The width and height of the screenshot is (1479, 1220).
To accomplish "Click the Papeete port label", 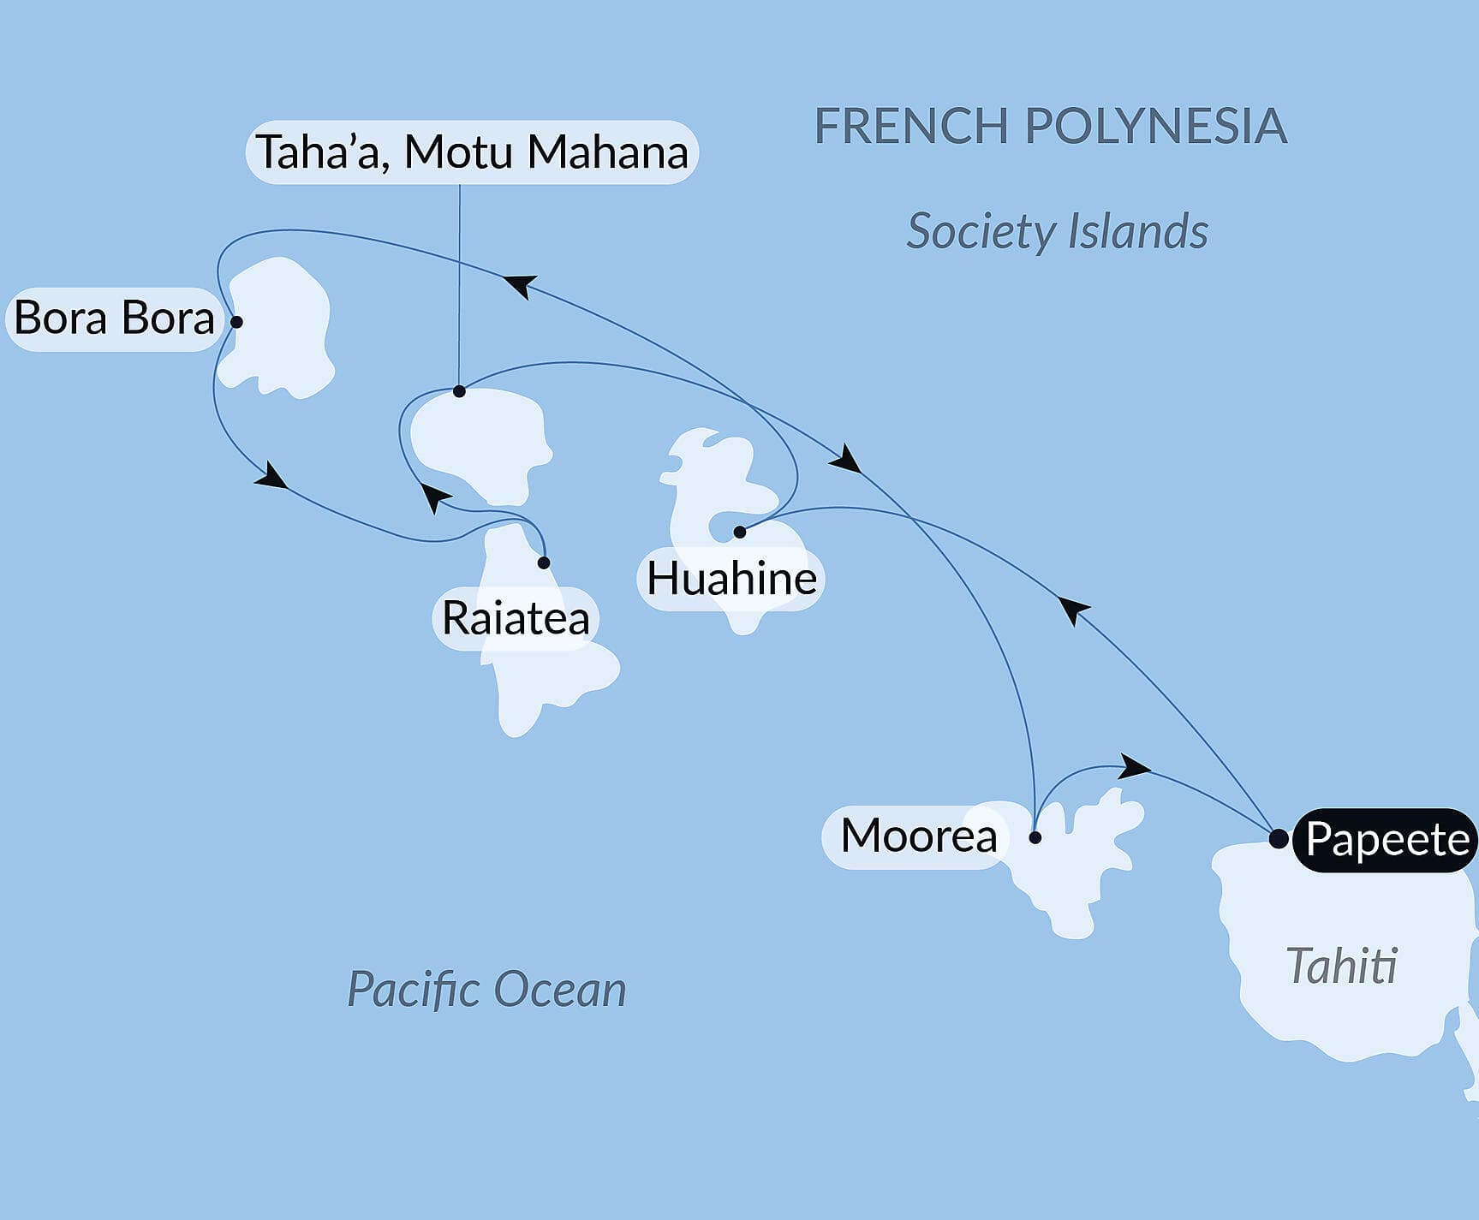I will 1386,840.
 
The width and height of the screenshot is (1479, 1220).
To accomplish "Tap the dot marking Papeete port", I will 1278,839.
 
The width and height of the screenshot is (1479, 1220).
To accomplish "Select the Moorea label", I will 918,836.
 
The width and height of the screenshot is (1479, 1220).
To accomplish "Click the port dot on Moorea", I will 1035,837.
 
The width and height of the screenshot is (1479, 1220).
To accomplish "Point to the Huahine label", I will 731,579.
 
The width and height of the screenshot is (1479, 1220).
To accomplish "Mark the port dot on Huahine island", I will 740,533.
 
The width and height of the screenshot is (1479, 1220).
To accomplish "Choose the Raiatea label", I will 516,619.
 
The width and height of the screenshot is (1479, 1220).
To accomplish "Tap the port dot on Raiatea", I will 544,562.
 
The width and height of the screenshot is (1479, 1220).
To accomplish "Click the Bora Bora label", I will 114,318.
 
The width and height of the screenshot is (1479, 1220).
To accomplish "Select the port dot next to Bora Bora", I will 237,323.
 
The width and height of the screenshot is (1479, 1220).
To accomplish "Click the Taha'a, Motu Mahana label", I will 472,152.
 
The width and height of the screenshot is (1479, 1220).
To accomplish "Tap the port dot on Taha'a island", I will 459,391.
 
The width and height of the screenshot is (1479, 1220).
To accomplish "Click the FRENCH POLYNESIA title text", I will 1050,127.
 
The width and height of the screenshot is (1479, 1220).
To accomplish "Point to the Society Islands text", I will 1057,232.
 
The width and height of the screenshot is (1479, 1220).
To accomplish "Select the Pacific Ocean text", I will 486,990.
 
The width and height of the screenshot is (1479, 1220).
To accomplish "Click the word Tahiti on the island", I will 1341,967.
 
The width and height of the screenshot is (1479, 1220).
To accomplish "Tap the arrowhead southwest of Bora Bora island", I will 271,477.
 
